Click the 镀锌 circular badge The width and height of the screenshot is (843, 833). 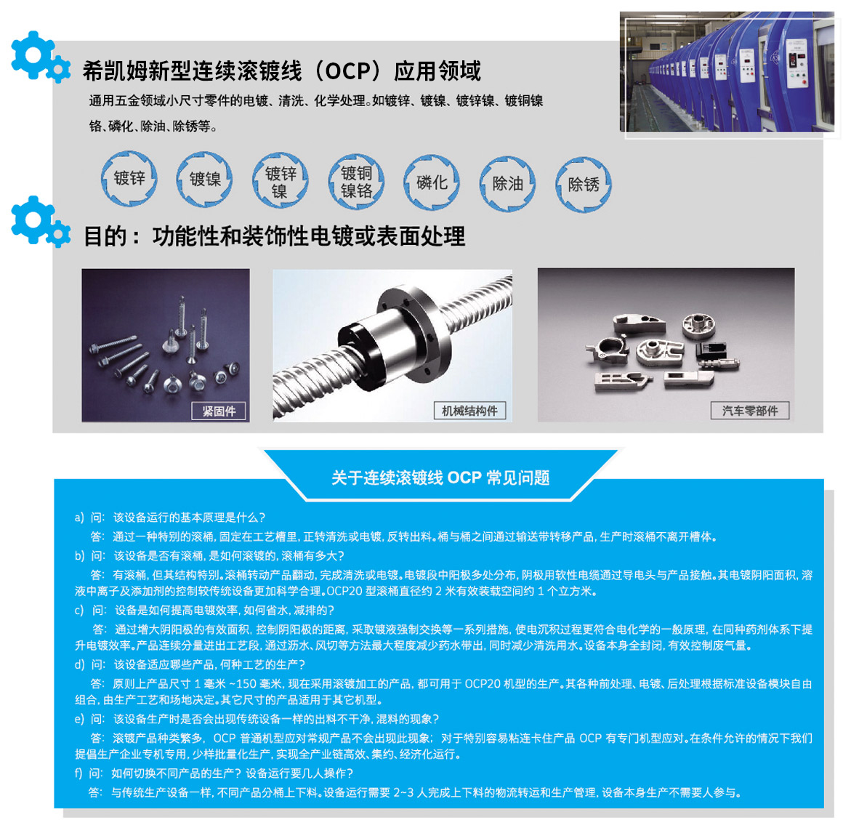point(129,179)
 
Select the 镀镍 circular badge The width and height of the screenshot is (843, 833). point(205,179)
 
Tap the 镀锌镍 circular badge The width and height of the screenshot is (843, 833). point(280,181)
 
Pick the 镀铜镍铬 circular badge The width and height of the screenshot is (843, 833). point(356,182)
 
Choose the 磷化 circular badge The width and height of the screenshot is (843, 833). point(432,183)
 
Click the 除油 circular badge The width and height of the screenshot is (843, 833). point(507,184)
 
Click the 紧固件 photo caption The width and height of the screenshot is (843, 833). point(219,411)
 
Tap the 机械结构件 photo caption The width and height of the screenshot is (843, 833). point(469,411)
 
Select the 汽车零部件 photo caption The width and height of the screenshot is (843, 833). point(750,411)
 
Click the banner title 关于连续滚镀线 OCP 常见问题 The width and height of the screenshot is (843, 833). point(440,478)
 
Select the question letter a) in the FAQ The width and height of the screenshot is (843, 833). point(79,518)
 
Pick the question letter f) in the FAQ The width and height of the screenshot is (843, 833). point(78,773)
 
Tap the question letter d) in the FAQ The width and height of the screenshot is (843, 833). point(79,664)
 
